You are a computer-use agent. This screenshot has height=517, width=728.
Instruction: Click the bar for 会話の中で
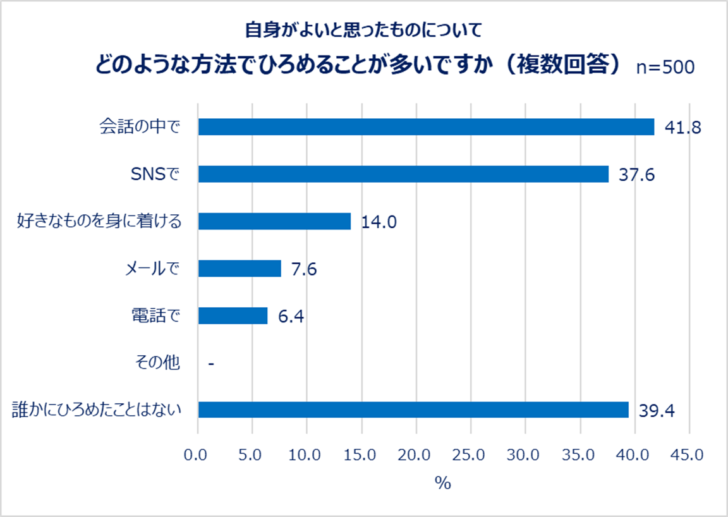pos(426,127)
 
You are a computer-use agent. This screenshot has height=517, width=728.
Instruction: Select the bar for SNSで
pos(403,174)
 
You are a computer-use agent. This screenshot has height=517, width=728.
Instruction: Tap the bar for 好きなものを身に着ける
pos(274,221)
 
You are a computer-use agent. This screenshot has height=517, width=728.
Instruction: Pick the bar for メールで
pos(240,269)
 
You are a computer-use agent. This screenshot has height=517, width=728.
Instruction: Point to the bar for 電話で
pos(233,315)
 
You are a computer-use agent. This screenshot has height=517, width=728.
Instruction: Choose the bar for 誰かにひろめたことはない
pos(413,410)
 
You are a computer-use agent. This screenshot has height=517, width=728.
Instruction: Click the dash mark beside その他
pos(210,363)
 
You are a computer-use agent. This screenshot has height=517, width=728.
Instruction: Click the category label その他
pos(157,363)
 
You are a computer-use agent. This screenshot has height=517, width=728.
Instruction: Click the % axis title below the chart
pos(442,484)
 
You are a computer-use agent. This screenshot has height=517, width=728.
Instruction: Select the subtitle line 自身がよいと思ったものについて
pos(363,30)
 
